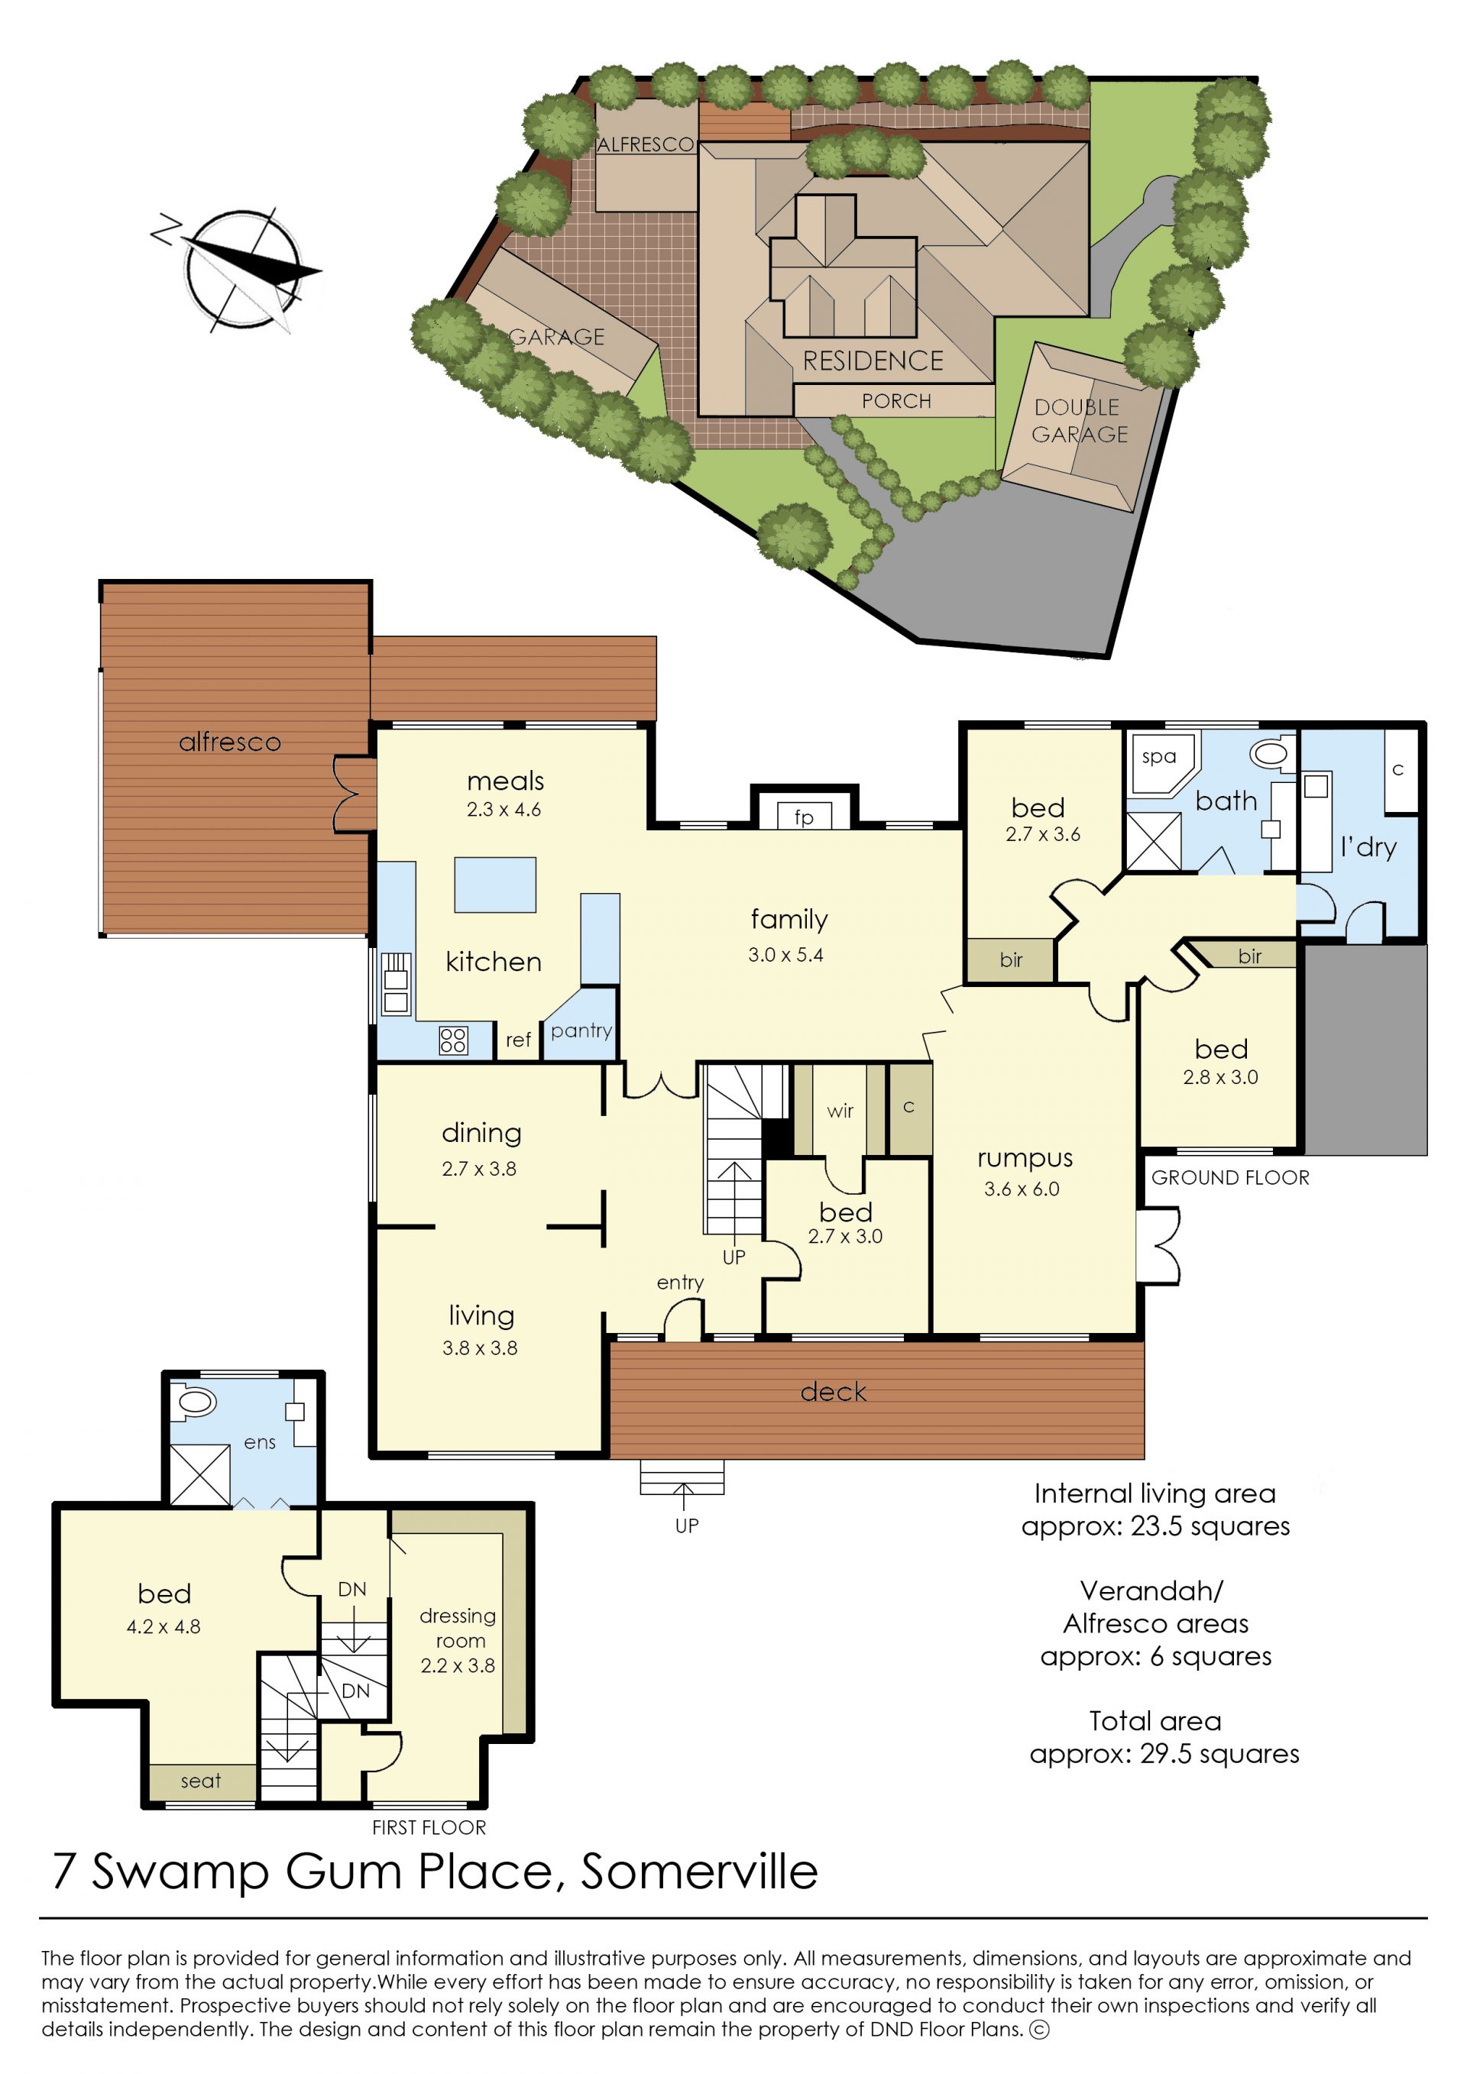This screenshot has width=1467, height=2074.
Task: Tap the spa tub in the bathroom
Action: pos(1161,764)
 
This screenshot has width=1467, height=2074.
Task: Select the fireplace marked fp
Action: pos(804,816)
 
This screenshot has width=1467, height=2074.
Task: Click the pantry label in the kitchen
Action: pos(581,1030)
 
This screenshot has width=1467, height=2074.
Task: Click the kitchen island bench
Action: pos(495,885)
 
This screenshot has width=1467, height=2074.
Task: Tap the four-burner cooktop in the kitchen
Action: pos(453,1040)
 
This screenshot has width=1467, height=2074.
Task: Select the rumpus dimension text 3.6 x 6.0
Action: pos(1022,1189)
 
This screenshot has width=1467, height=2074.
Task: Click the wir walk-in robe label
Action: pos(840,1111)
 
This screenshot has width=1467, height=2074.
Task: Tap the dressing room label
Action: pos(458,1628)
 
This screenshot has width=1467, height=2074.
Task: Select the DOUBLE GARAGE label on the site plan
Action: pos(1080,421)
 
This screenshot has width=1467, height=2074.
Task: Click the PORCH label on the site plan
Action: pos(896,401)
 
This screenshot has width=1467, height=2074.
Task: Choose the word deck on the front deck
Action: pos(833,1392)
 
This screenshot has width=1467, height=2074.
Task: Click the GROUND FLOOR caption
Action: pos(1230,1178)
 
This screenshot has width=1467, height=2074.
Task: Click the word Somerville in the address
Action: pos(699,1871)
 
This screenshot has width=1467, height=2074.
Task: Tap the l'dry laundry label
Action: pos(1368,847)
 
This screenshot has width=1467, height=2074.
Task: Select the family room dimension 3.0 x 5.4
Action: pos(786,955)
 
